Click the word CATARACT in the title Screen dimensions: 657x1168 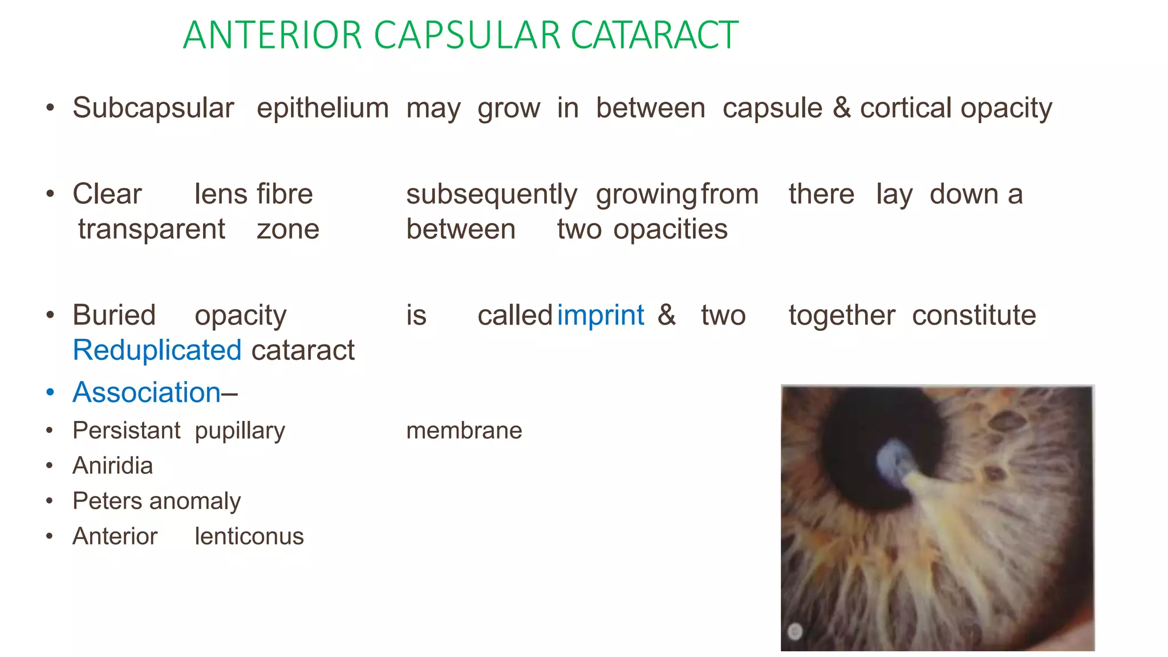pyautogui.click(x=654, y=35)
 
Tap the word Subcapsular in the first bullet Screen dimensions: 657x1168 pyautogui.click(x=153, y=108)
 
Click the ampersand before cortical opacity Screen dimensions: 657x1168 pyautogui.click(x=841, y=108)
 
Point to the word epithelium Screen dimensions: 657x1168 pyautogui.click(x=323, y=109)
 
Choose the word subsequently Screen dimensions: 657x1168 pyautogui.click(x=492, y=195)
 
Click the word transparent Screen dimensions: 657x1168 pyautogui.click(x=152, y=229)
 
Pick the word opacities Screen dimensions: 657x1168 pyautogui.click(x=671, y=230)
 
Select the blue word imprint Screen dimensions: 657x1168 pyautogui.click(x=601, y=315)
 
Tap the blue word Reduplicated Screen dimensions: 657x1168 pyautogui.click(x=157, y=350)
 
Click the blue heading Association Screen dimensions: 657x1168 pyautogui.click(x=147, y=392)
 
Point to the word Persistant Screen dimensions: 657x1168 pyautogui.click(x=126, y=431)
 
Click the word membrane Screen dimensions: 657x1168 pyautogui.click(x=464, y=431)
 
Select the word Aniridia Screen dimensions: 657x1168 pyautogui.click(x=113, y=466)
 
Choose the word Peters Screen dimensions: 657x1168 pyautogui.click(x=107, y=501)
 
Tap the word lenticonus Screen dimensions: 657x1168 pyautogui.click(x=249, y=537)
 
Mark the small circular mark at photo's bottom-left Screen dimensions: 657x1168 pyautogui.click(x=795, y=631)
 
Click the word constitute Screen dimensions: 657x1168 pyautogui.click(x=974, y=315)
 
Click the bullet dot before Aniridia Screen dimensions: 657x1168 pyautogui.click(x=50, y=467)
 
